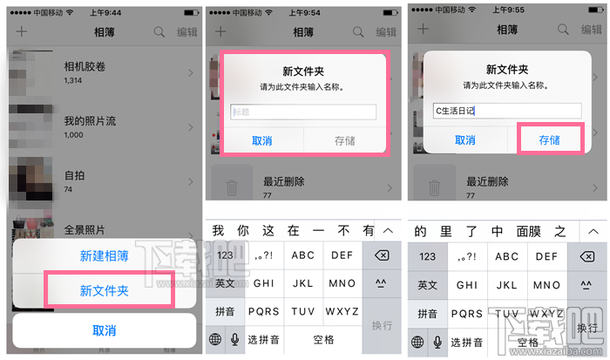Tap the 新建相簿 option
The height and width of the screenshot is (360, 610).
[105, 256]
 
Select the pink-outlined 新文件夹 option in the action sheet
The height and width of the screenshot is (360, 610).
[105, 290]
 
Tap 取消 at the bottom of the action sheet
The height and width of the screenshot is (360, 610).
[105, 330]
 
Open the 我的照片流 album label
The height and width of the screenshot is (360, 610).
[91, 120]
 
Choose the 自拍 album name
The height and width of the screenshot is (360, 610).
[75, 174]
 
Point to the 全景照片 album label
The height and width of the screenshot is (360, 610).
[85, 230]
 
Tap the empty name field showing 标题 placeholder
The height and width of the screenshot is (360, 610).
[303, 112]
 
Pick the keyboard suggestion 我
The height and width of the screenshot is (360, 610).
[218, 230]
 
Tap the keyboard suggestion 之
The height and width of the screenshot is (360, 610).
[560, 230]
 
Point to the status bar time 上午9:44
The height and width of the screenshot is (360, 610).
[104, 14]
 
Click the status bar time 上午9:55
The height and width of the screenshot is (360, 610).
[509, 14]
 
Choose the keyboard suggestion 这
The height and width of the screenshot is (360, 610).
[268, 230]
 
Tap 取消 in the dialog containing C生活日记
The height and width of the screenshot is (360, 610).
[464, 139]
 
